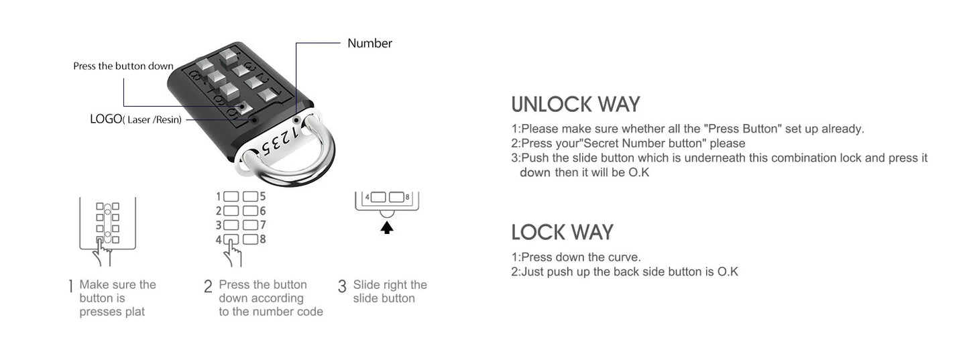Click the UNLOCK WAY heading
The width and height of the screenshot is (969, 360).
(x=575, y=105)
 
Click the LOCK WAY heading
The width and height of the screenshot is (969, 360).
(x=562, y=232)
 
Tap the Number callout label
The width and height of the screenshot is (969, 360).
(x=369, y=44)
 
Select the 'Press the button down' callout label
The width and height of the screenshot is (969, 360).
(x=123, y=66)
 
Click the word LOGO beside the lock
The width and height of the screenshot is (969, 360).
(x=105, y=119)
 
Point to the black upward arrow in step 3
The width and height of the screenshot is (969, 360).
(x=387, y=227)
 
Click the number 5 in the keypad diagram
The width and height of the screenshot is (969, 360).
(x=262, y=196)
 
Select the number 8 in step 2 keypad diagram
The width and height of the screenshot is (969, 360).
(x=262, y=239)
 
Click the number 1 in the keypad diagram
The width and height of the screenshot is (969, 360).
(x=218, y=196)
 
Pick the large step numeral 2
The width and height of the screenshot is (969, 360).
(x=208, y=287)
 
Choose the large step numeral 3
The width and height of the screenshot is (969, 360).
(x=342, y=287)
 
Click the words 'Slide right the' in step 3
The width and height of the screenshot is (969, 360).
(x=390, y=285)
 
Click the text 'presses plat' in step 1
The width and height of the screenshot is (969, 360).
(x=112, y=312)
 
